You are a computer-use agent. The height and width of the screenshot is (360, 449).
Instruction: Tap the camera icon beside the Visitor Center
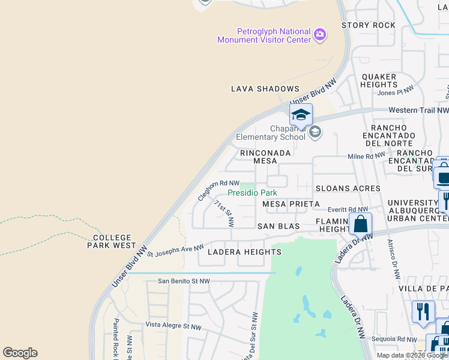[320, 35]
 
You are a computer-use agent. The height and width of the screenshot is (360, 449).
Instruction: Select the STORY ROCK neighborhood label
[369, 25]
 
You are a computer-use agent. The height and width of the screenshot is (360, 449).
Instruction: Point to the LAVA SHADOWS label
[265, 89]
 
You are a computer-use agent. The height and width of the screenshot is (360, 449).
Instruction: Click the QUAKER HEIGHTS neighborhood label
[379, 80]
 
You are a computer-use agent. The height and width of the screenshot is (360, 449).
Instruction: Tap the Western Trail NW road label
[418, 110]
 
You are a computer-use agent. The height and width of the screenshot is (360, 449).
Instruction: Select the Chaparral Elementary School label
[271, 133]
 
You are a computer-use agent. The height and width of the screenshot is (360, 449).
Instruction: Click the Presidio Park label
[252, 193]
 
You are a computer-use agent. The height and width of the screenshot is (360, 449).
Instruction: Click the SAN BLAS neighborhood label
[279, 226]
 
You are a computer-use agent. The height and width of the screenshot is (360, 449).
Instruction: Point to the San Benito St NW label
[184, 281]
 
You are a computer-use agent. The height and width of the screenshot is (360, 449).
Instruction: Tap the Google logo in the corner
[20, 353]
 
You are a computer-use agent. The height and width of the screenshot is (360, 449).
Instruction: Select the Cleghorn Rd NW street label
[218, 191]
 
